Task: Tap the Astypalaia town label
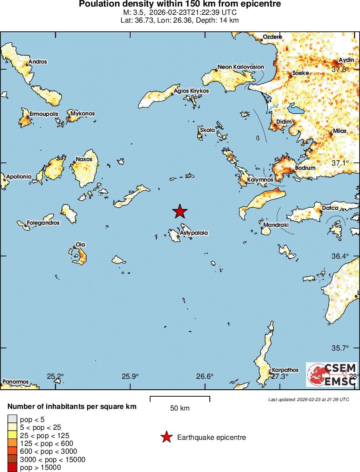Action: (x=194, y=233)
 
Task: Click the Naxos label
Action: (x=84, y=159)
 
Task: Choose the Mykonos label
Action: (x=82, y=114)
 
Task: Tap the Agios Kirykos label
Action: (x=191, y=91)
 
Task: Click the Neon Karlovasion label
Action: (x=241, y=67)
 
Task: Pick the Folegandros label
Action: (x=43, y=223)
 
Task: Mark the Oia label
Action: (x=80, y=244)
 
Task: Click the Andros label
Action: (x=37, y=62)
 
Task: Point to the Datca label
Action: (x=330, y=208)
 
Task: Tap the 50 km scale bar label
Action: (x=180, y=408)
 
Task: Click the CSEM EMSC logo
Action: (x=332, y=374)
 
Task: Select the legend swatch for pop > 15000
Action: (x=11, y=467)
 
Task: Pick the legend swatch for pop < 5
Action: (x=11, y=419)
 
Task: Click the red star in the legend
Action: (x=166, y=437)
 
